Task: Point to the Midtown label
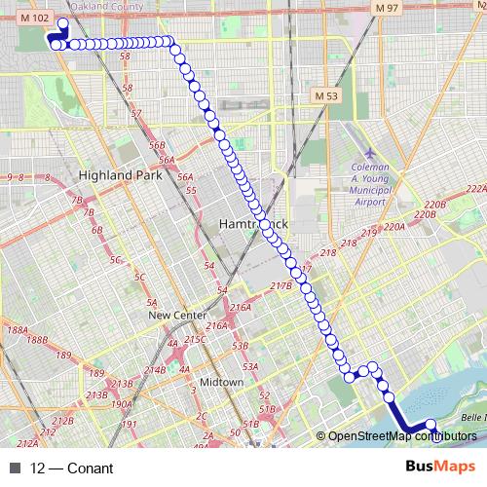221,382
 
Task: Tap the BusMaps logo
440,468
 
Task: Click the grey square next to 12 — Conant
15,468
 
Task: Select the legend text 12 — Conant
72,468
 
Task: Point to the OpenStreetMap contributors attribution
401,437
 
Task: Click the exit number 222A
475,189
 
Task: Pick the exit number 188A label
18,331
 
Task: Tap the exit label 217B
281,286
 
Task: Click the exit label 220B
434,206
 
